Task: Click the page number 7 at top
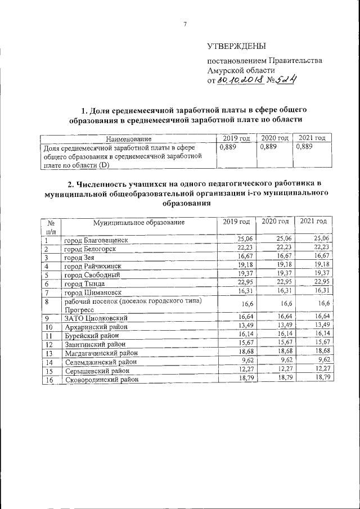pyautogui.click(x=184, y=24)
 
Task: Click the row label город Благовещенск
pyautogui.click(x=96, y=240)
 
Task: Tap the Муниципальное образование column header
pyautogui.click(x=139, y=223)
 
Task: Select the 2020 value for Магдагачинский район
pyautogui.click(x=280, y=353)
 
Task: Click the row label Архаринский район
pyautogui.click(x=95, y=327)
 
